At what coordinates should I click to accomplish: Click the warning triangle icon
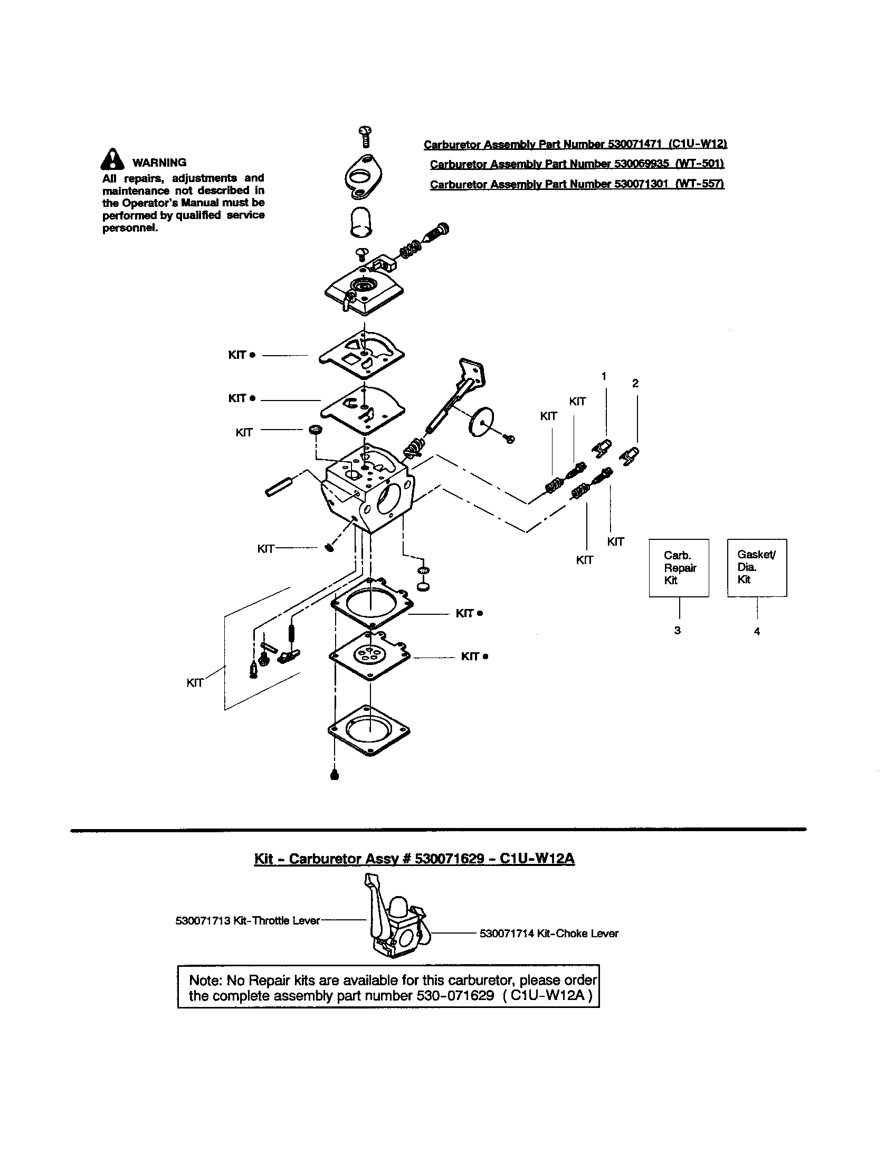[x=112, y=159]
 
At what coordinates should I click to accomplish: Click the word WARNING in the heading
[x=159, y=163]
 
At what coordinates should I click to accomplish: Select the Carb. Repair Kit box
[x=679, y=568]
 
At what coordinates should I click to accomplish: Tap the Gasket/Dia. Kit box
[x=756, y=567]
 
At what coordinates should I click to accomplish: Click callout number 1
[x=604, y=376]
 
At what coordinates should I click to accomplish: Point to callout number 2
[x=635, y=383]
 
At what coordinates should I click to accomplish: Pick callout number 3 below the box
[x=677, y=631]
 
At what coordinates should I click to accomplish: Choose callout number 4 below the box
[x=757, y=632]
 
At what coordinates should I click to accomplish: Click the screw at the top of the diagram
[x=365, y=136]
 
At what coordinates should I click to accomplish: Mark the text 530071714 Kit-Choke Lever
[x=548, y=934]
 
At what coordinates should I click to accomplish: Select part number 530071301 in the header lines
[x=641, y=184]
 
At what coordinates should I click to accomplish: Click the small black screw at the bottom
[x=334, y=775]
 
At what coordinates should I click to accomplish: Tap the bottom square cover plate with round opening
[x=369, y=730]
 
